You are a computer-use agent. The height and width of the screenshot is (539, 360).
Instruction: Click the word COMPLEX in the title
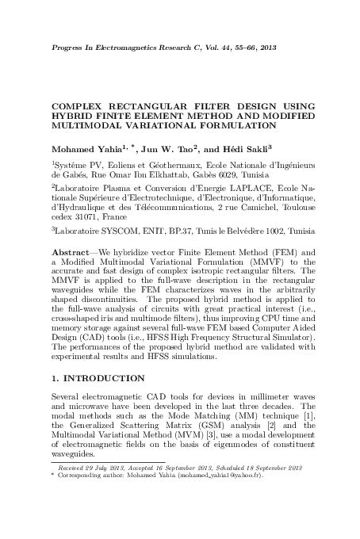coord(82,104)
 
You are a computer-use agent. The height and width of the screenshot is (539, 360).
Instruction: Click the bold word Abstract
coord(70,251)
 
